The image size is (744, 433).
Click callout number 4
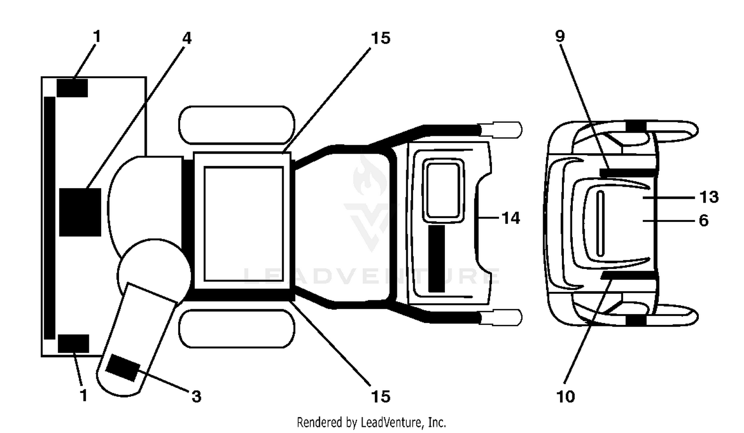pos(187,39)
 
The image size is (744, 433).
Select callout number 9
pos(560,36)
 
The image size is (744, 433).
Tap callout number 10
pos(565,396)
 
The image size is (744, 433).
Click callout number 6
pos(704,220)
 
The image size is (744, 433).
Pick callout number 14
pos(510,218)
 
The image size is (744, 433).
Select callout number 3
pos(196,396)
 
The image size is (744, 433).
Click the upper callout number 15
pos(380,38)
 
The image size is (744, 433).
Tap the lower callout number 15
pos(380,396)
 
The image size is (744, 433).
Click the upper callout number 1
pos(97,36)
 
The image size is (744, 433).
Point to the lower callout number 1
pos(84,395)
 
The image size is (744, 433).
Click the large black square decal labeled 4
pos(80,213)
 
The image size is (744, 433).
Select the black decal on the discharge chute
pos(122,368)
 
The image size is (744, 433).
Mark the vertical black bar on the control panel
pos(436,259)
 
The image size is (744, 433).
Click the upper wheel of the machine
pos(237,125)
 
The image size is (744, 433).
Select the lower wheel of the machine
pos(237,329)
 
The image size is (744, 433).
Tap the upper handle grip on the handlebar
pos(501,129)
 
